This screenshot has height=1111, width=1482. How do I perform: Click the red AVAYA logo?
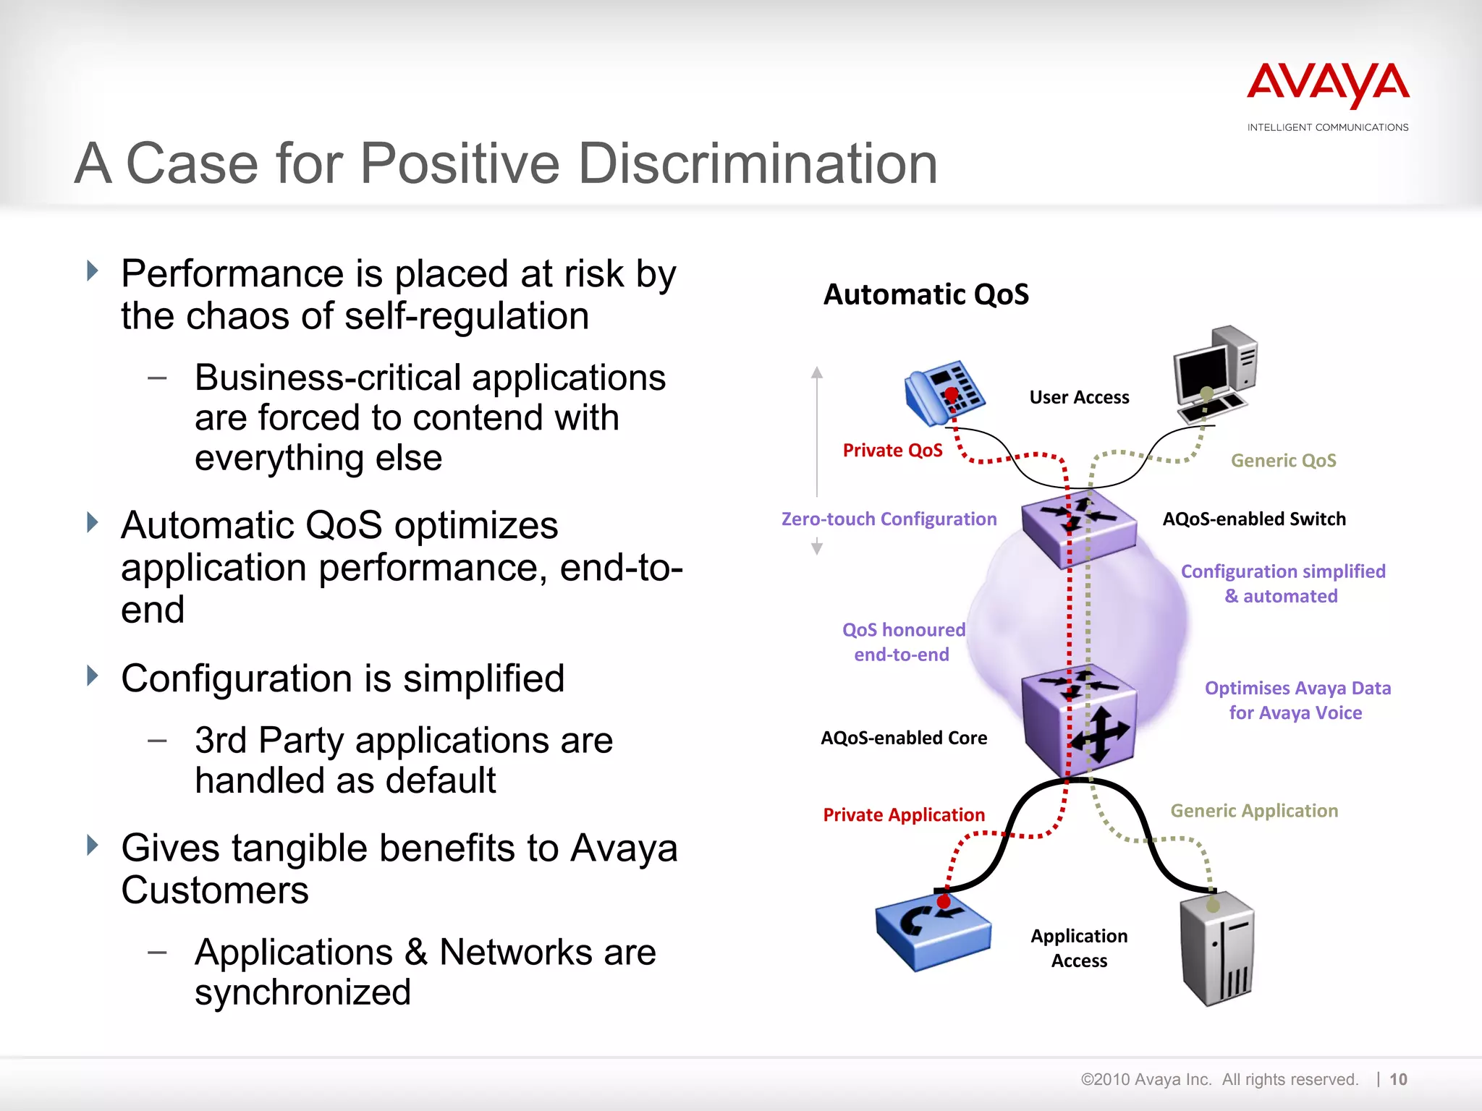click(1327, 85)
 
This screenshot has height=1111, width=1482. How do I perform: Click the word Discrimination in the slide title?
click(758, 163)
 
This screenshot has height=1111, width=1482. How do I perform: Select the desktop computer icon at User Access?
click(1214, 373)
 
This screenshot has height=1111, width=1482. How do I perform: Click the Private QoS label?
click(892, 451)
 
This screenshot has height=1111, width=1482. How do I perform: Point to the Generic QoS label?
click(1283, 461)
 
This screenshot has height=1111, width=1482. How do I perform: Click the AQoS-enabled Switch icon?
click(1078, 527)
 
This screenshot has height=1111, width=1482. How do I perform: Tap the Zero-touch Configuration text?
click(889, 519)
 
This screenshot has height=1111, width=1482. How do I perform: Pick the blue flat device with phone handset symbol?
click(933, 932)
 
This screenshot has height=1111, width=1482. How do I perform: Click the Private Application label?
click(903, 815)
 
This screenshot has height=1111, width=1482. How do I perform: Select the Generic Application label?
click(1254, 811)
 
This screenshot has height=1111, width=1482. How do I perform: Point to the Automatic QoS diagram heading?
click(926, 294)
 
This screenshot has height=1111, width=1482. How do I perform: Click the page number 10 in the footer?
click(1398, 1079)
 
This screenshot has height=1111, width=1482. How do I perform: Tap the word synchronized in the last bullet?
click(302, 992)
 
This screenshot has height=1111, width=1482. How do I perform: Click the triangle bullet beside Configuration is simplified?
click(93, 676)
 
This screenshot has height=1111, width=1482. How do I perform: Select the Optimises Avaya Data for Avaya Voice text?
click(1297, 700)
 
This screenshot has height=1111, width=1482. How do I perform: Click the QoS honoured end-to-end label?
click(903, 642)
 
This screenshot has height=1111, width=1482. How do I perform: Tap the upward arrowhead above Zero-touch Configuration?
click(817, 373)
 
